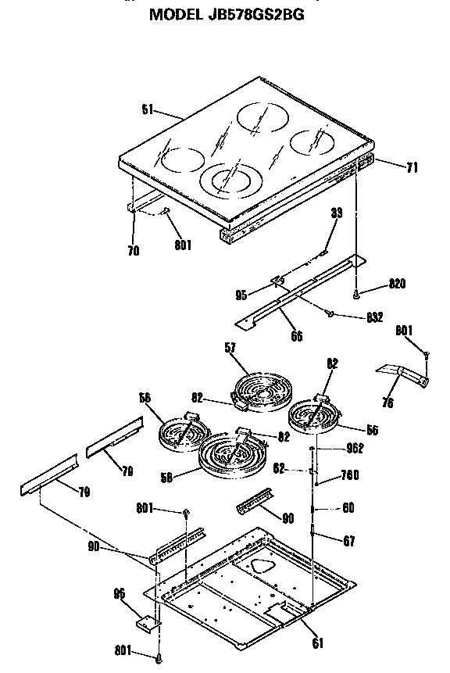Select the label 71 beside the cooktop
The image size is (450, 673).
pos(413,166)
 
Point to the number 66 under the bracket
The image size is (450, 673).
pos(296,337)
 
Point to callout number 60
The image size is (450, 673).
pos(348,508)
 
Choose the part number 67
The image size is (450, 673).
pos(348,540)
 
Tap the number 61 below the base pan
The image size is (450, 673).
pos(316,644)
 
